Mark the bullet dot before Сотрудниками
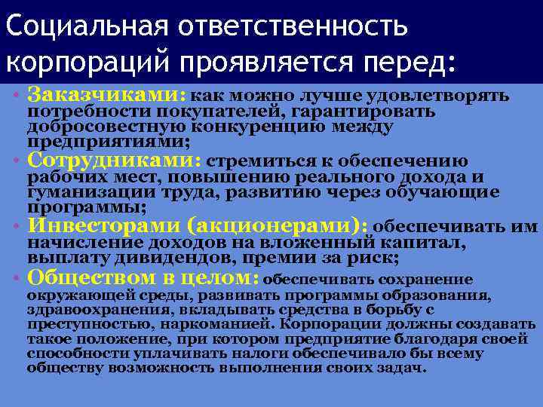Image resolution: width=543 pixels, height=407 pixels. pyautogui.click(x=17, y=161)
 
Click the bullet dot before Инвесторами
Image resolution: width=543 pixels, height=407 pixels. pyautogui.click(x=17, y=226)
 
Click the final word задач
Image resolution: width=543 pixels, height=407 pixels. pyautogui.click(x=406, y=368)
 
